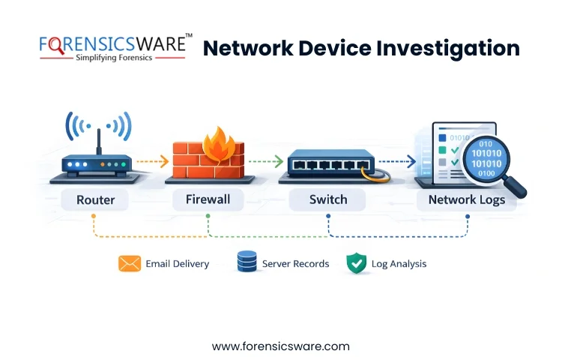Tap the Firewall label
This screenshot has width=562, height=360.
click(208, 200)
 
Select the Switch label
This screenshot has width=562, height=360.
click(328, 200)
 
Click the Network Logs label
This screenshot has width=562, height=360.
click(466, 200)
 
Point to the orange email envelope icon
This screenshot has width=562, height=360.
click(130, 263)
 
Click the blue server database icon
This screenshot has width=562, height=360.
click(247, 262)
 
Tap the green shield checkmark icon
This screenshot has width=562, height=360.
click(356, 263)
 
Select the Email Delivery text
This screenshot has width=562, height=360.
click(178, 264)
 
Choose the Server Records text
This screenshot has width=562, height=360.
click(295, 264)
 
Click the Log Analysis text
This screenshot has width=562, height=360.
click(400, 264)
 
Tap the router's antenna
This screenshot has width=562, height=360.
click(97, 139)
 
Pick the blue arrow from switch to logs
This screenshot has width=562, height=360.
click(396, 160)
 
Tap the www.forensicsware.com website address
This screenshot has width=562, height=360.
click(281, 346)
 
